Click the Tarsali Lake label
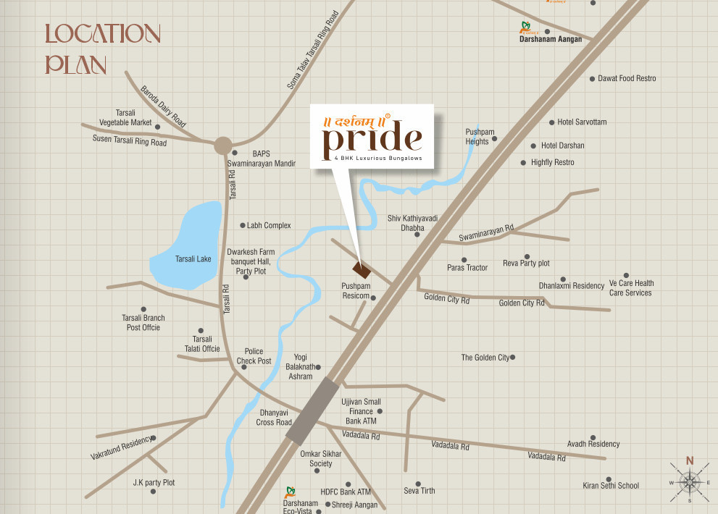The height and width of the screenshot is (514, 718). point(193,258)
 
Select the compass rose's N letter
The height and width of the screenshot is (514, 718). point(690,460)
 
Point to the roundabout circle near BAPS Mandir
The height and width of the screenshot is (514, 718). point(223,145)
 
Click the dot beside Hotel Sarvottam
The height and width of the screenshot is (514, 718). point(551,122)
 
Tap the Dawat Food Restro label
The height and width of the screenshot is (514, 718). point(627,78)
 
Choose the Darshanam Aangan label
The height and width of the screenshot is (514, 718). point(551,40)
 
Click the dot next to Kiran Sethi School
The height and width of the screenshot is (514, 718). point(609,479)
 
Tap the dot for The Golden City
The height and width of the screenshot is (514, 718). point(512,357)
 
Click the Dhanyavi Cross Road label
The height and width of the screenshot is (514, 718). point(274,418)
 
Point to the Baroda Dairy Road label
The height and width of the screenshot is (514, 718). point(165,107)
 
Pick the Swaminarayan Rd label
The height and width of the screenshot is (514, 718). point(486,233)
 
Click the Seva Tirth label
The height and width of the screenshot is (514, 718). point(419,491)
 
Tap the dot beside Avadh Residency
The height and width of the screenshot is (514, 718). point(593,437)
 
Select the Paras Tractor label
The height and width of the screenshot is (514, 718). point(467,268)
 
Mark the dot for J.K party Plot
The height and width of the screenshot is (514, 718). point(153,491)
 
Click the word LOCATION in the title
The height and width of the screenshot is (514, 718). point(102,34)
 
